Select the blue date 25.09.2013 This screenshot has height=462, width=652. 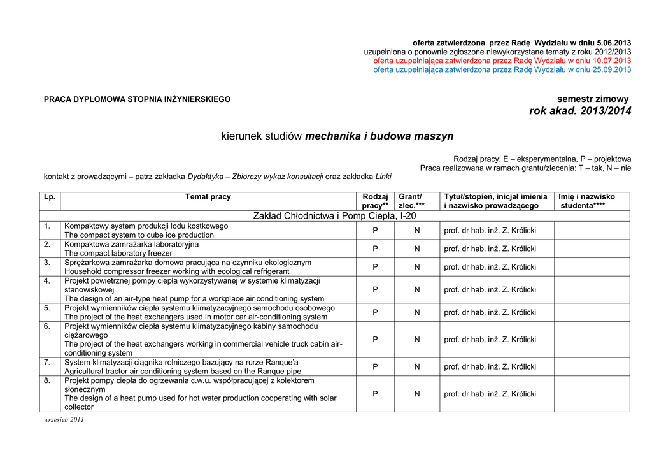(609, 69)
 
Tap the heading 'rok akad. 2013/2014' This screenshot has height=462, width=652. (580, 112)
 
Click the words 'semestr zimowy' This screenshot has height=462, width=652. (593, 99)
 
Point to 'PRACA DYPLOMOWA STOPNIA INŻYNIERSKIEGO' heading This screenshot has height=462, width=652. (137, 99)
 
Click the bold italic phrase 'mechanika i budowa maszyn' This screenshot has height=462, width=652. (379, 136)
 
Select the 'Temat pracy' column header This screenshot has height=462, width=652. (208, 197)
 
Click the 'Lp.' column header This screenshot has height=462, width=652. (50, 197)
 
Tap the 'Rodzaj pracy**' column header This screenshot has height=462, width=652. (375, 201)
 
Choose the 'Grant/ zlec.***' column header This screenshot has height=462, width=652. (411, 201)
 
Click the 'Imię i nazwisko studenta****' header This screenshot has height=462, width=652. (586, 201)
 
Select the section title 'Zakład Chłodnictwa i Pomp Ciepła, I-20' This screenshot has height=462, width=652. (335, 216)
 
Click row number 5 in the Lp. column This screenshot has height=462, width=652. (47, 308)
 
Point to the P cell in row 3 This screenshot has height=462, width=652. (375, 267)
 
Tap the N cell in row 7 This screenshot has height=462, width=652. (417, 366)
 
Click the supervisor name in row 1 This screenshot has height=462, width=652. (490, 231)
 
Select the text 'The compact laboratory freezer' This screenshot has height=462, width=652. (118, 253)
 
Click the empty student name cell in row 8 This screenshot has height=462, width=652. (592, 394)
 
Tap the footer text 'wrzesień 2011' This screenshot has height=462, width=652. (64, 419)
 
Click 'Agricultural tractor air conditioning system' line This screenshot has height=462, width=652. (183, 371)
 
